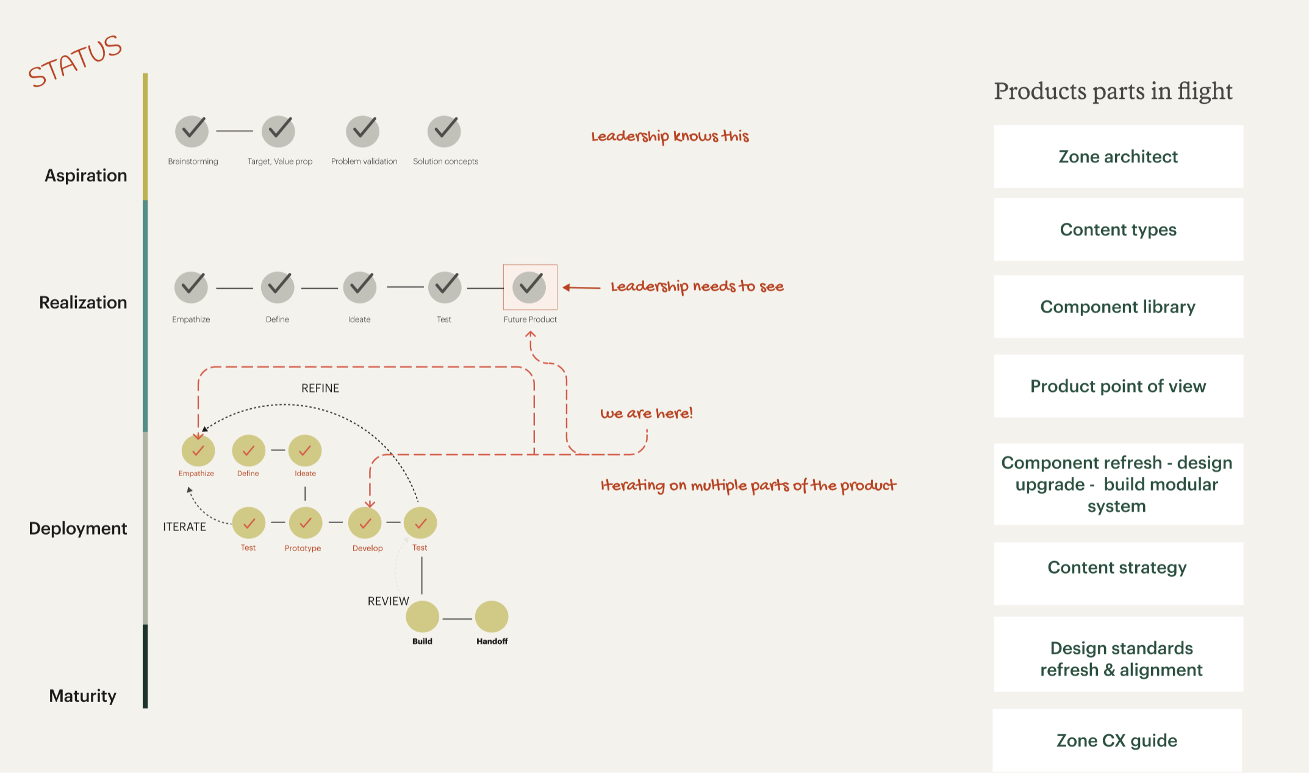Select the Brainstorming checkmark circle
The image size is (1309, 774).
(x=192, y=131)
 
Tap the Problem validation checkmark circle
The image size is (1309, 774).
(x=363, y=131)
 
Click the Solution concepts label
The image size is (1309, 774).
(x=445, y=162)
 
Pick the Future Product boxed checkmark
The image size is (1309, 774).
(x=529, y=287)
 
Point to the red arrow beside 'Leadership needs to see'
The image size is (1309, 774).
(x=581, y=288)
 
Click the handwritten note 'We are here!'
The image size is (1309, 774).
(x=647, y=414)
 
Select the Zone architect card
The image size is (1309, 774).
(x=1118, y=157)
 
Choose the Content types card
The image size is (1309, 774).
(x=1118, y=230)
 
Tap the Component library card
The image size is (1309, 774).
(x=1118, y=306)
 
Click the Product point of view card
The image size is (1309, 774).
(x=1118, y=386)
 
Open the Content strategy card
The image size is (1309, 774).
(x=1118, y=568)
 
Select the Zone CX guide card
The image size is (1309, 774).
(x=1117, y=740)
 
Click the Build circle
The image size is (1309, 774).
(x=422, y=617)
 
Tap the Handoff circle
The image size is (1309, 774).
(x=492, y=617)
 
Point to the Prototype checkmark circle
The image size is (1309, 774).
(x=305, y=523)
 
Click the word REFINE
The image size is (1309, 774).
(x=320, y=388)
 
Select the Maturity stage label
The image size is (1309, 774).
(x=83, y=696)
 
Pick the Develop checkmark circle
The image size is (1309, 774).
(x=365, y=523)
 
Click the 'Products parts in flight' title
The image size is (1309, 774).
(x=1113, y=92)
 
